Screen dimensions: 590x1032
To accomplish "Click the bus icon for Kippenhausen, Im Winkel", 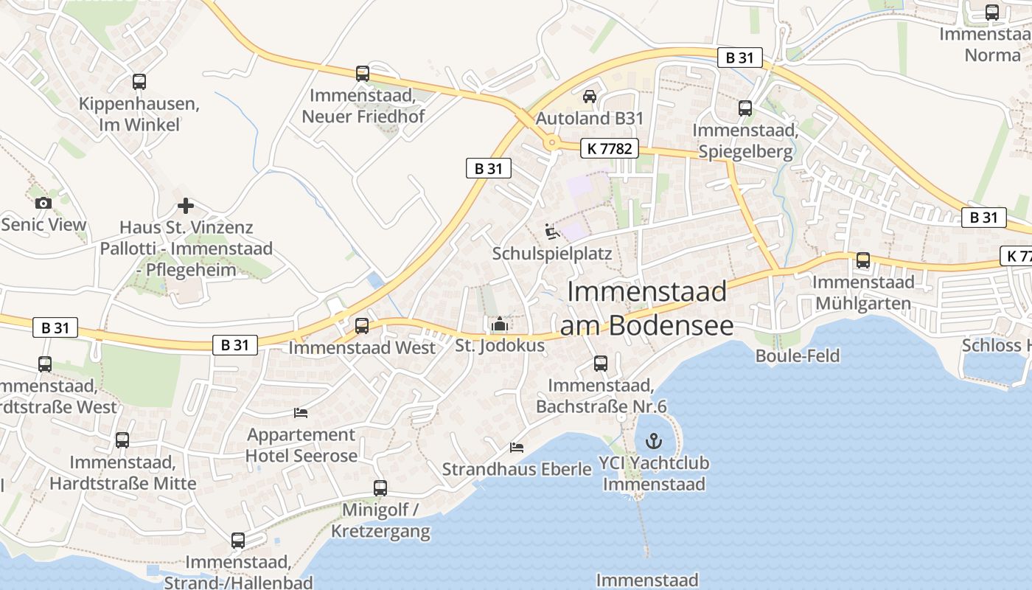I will point(139,82).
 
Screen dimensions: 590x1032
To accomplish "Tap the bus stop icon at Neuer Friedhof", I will point(362,74).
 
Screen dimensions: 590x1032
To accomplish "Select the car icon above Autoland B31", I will point(590,96).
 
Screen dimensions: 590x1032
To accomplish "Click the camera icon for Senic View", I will point(43,203).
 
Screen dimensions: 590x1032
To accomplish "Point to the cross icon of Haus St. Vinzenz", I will point(186,206).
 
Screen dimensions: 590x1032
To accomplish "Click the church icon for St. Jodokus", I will point(500,324).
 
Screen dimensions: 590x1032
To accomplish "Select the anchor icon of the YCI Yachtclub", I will point(653,441).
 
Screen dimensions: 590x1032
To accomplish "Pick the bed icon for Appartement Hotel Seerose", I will point(300,412).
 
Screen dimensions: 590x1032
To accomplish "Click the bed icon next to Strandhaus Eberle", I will point(517,447).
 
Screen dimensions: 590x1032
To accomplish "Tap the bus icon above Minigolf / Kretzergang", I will point(380,487).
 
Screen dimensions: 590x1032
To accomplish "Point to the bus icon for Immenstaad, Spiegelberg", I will point(745,108).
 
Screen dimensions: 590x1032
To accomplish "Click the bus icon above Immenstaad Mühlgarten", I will point(863,260).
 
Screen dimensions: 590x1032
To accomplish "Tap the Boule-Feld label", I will point(798,355).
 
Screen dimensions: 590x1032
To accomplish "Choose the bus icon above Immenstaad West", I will point(362,325).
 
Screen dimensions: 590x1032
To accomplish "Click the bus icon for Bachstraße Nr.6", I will point(601,364).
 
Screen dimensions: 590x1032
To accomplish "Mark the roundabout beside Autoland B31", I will point(551,143).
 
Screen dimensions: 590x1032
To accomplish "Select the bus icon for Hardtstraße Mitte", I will point(122,440).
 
